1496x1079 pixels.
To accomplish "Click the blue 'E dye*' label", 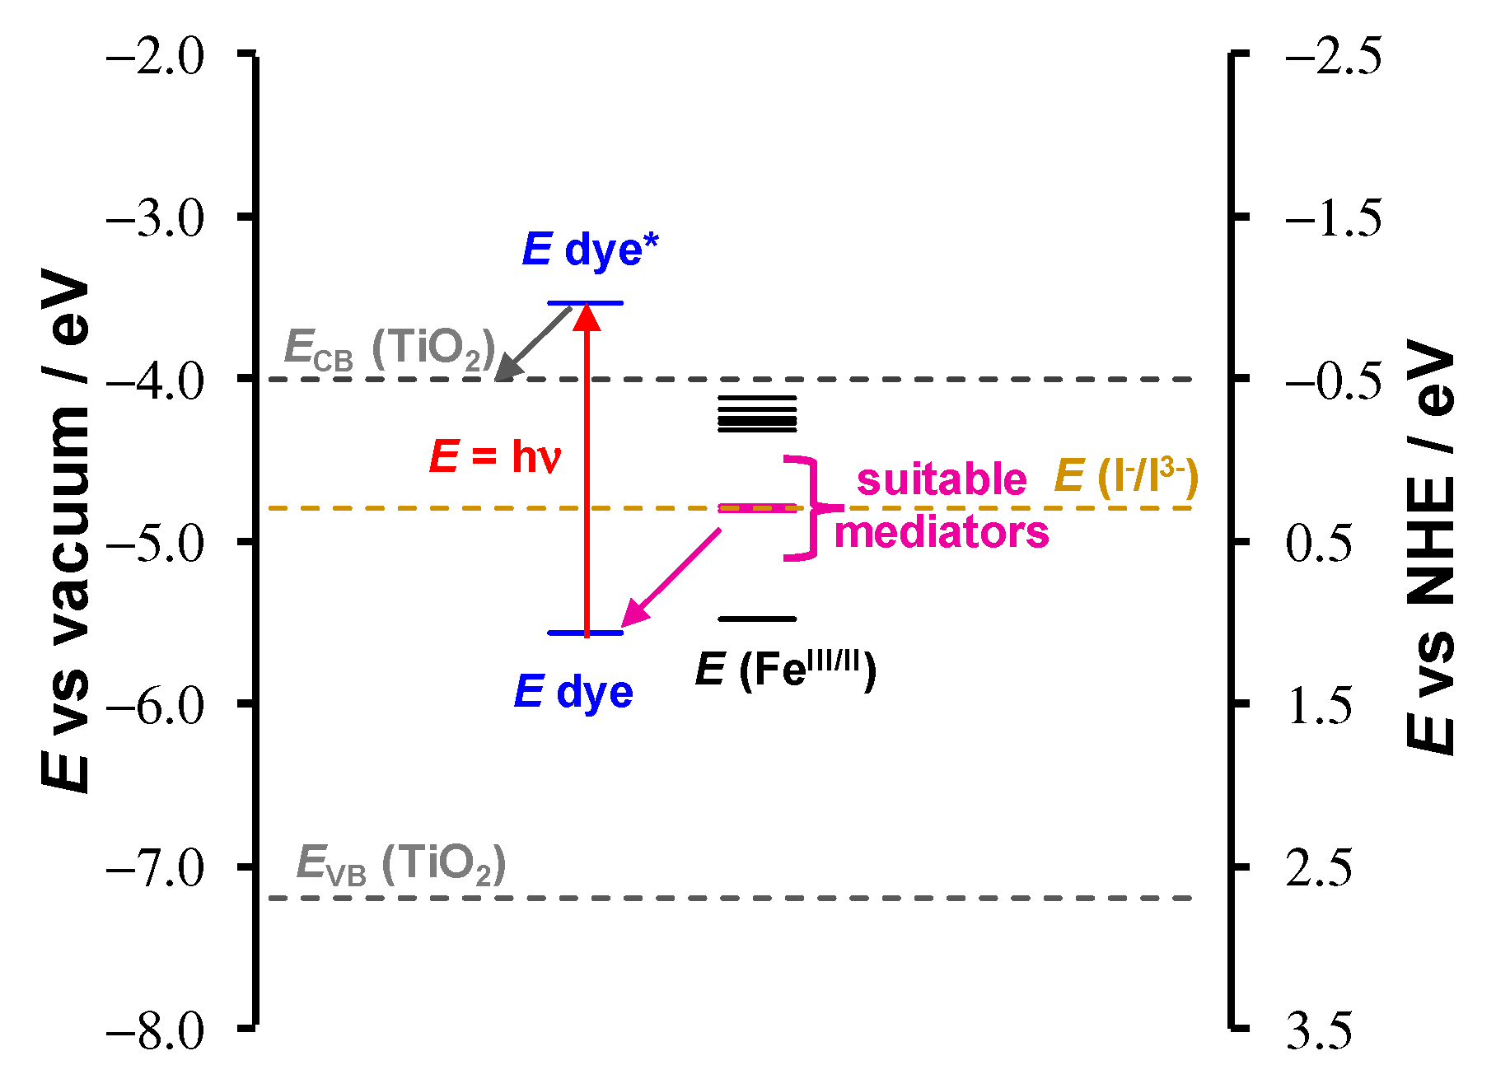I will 591,250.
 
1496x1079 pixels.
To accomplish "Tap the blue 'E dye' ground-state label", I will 573,692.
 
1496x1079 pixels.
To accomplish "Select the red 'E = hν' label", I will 495,457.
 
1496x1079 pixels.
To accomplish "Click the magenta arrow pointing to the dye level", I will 671,577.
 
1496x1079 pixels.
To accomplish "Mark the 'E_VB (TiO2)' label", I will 400,865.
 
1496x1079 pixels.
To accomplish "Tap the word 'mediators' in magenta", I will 942,533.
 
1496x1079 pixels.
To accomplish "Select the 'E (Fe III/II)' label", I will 786,669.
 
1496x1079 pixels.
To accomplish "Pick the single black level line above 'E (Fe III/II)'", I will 757,619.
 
